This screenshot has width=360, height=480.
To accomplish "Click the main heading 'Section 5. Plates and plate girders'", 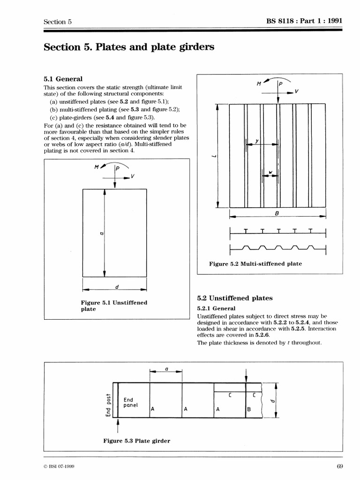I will tap(128, 47).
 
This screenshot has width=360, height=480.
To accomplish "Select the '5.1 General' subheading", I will tap(63, 79).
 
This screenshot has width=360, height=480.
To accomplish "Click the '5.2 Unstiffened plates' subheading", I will tap(234, 298).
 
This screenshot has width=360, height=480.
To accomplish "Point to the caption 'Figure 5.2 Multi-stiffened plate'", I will tap(255, 264).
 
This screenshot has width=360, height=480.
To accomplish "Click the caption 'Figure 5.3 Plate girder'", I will tap(136, 441).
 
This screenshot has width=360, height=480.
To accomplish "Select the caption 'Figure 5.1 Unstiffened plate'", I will tap(114, 306).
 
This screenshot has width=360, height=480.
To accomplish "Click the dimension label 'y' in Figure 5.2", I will tap(257, 140).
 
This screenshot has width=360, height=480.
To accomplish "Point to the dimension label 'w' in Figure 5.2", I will tap(270, 173).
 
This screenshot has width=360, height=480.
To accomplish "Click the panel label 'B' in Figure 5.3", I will tap(249, 409).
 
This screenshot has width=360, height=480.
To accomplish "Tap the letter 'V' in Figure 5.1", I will tap(133, 176).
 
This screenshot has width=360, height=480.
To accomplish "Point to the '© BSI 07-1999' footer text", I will tap(60, 466).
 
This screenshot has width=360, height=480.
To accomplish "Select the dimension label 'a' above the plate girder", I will tap(165, 369).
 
